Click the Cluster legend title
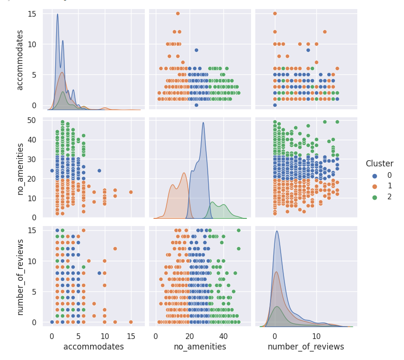[379, 164]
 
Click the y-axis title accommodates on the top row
[20, 60]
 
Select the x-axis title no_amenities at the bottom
[200, 347]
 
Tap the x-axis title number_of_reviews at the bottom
[305, 347]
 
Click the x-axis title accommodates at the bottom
[93, 347]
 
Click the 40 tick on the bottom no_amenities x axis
[223, 336]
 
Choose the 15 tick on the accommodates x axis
[131, 336]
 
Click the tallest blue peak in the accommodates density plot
[58, 14]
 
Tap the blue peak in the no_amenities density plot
[203, 123]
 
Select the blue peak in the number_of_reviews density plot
[277, 231]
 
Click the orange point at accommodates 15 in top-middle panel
[178, 13]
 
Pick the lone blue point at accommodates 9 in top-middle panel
[196, 50]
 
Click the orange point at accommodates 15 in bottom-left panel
[131, 322]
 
